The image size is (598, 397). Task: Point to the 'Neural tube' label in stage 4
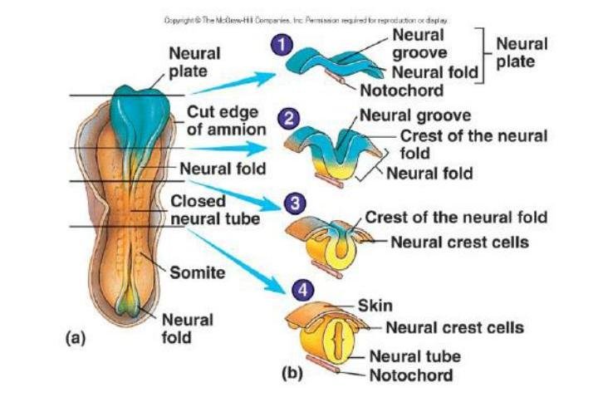[414, 356]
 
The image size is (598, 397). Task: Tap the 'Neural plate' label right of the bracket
[522, 52]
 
